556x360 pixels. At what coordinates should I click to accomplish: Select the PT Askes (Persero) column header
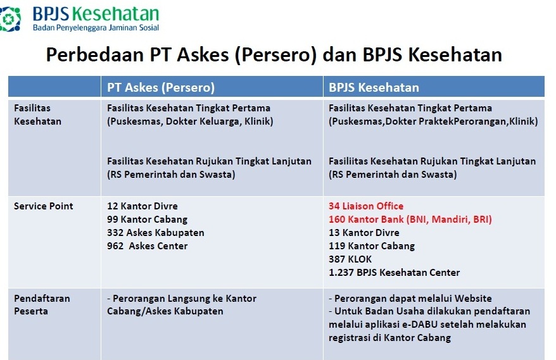click(161, 87)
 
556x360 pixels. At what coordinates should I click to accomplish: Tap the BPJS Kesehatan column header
click(374, 87)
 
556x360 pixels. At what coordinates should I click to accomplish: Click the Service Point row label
click(43, 206)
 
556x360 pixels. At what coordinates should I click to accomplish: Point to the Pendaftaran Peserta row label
click(42, 305)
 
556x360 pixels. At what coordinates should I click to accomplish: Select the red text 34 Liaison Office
click(366, 206)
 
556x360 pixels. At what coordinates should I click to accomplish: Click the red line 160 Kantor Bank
click(410, 220)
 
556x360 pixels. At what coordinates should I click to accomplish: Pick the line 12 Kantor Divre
click(142, 206)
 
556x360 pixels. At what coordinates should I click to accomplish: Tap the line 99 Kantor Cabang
click(147, 220)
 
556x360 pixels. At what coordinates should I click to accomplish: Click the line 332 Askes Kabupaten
click(156, 233)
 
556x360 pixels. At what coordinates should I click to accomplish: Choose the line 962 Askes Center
click(147, 246)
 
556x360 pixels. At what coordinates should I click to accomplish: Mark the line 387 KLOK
click(350, 259)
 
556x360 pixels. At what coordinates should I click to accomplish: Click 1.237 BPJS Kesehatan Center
click(394, 273)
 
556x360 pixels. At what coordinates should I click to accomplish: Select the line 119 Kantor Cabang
click(372, 246)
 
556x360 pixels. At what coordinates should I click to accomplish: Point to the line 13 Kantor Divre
click(364, 232)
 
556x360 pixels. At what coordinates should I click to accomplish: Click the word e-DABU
click(425, 325)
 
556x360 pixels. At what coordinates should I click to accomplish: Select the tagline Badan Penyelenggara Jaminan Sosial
click(96, 28)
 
